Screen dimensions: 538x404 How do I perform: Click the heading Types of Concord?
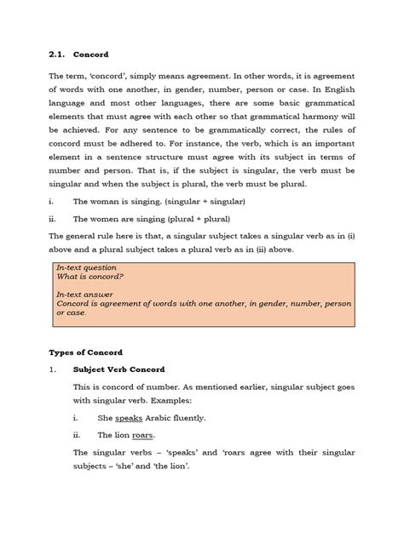pos(85,352)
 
